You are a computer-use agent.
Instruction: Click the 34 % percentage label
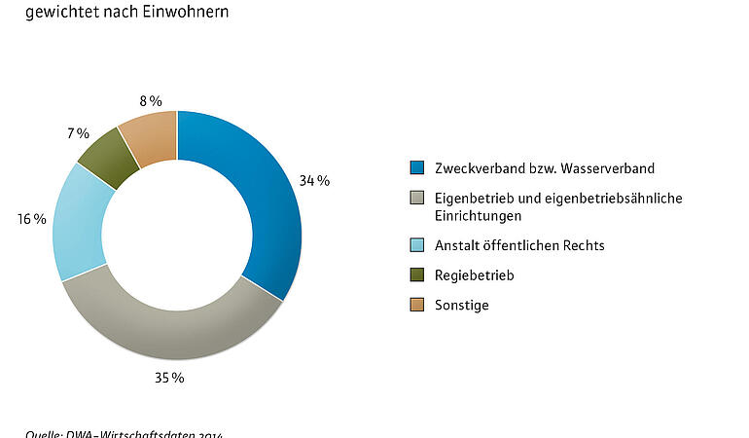pos(314,181)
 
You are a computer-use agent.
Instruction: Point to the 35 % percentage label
pos(170,377)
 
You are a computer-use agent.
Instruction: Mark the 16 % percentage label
pos(32,219)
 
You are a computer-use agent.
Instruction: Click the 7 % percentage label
pos(78,132)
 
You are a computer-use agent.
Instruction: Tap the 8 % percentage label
pos(150,100)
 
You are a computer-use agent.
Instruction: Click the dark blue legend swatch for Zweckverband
pos(417,168)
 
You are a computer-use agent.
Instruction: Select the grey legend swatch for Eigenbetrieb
pos(417,199)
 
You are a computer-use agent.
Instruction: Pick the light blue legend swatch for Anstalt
pos(417,245)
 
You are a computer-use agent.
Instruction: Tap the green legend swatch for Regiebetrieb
pos(417,275)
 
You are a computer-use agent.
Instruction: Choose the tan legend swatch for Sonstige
pos(417,306)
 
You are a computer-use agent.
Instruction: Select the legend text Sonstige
pos(462,306)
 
